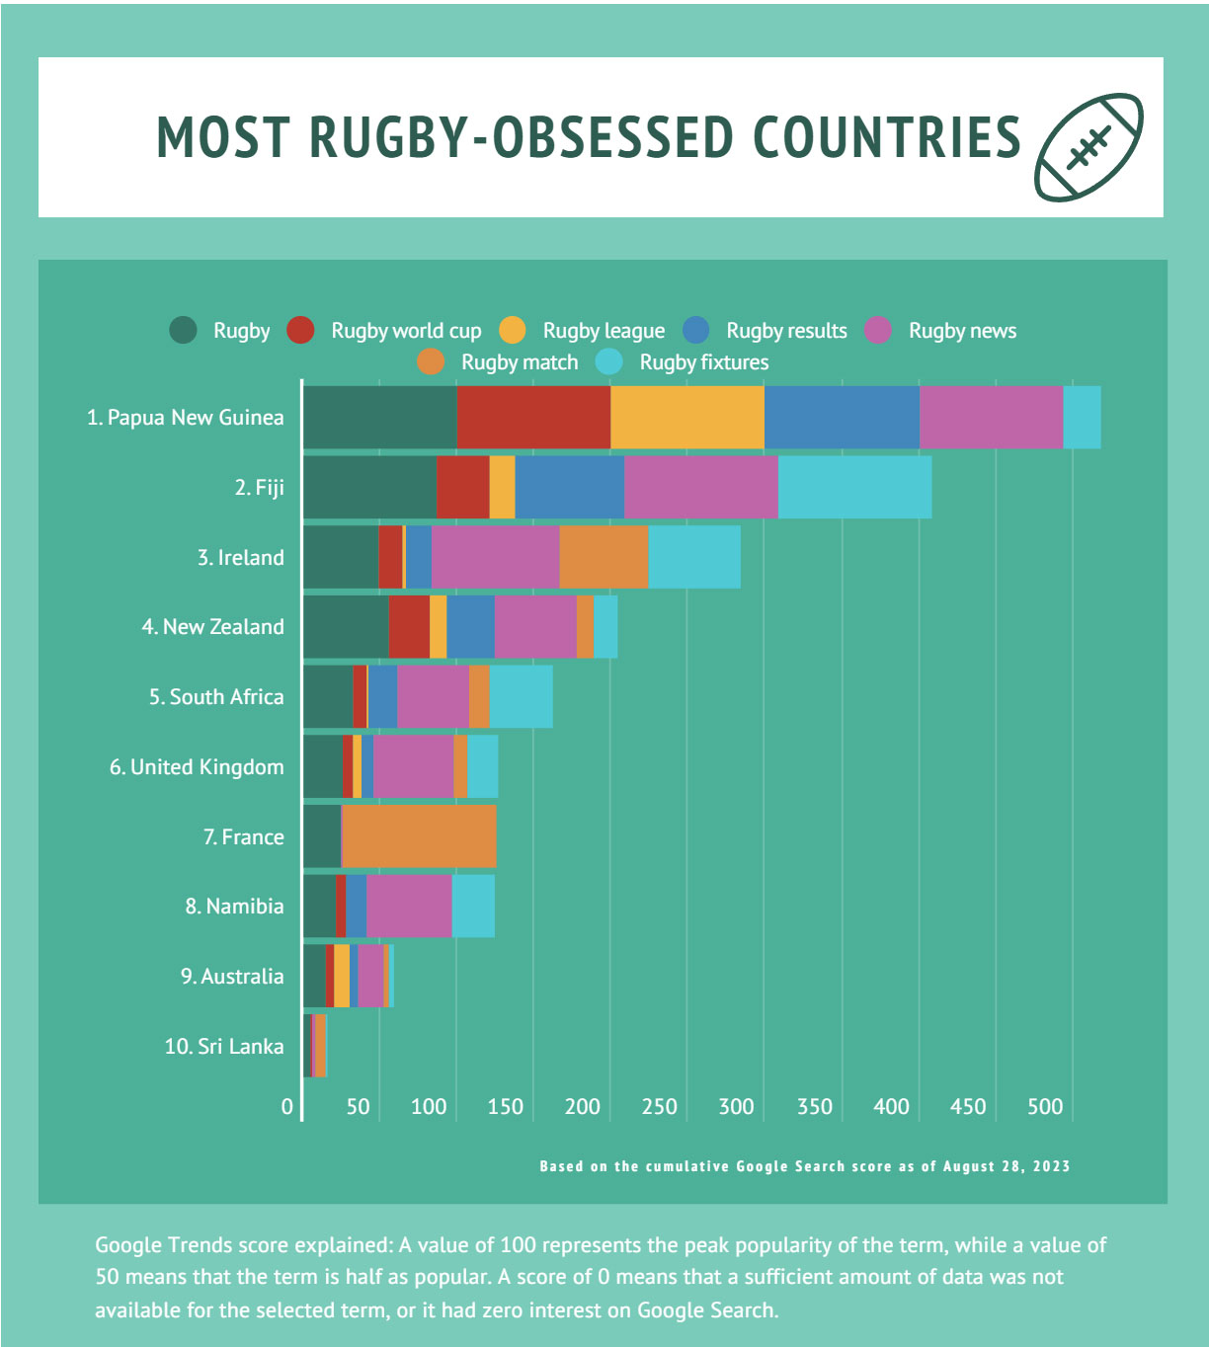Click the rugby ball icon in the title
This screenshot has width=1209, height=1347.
click(x=1088, y=146)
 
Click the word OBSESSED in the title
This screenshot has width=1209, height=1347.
click(x=612, y=137)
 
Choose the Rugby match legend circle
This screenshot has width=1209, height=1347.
click(x=432, y=362)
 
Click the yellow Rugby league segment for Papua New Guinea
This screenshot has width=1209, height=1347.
click(x=686, y=418)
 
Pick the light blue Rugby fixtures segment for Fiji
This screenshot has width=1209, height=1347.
click(x=854, y=487)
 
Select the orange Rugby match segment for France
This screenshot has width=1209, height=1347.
click(x=419, y=836)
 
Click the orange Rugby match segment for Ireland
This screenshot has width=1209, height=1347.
click(x=604, y=557)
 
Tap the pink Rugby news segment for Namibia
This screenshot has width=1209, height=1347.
click(x=409, y=906)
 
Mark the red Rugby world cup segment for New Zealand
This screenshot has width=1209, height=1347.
click(x=409, y=626)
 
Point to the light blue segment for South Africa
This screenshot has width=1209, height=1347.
click(x=521, y=696)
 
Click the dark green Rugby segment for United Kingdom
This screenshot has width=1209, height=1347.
click(x=323, y=766)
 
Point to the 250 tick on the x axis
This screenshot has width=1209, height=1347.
click(x=659, y=1106)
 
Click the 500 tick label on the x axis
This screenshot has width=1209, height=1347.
click(x=1044, y=1106)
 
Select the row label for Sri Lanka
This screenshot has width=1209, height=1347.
click(x=224, y=1046)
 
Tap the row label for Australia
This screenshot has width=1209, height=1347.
click(x=232, y=976)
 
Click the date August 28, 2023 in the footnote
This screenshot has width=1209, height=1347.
click(x=1006, y=1166)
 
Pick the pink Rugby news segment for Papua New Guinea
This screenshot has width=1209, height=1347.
click(x=991, y=418)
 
